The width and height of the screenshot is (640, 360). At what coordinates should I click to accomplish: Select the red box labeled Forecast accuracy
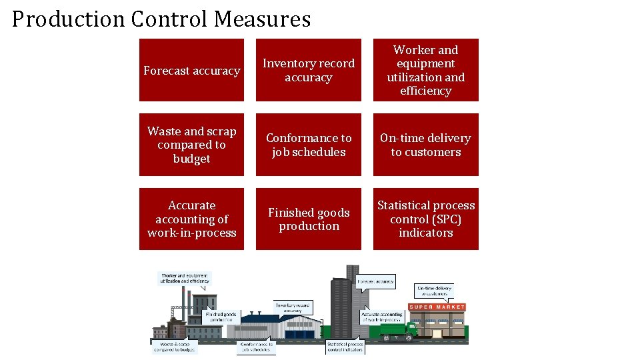click(191, 70)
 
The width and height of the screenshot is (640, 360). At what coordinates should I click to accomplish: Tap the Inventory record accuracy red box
click(308, 70)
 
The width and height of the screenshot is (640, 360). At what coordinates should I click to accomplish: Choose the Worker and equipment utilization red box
click(425, 70)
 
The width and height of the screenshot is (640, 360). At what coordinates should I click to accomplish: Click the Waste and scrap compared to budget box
click(191, 145)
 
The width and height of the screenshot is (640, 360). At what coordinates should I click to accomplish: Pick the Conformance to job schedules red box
click(308, 145)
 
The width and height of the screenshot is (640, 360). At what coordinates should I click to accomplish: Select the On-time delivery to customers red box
click(425, 145)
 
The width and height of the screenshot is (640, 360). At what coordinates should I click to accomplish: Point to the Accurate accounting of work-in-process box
click(191, 219)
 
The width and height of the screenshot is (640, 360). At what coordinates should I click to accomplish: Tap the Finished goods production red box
click(308, 219)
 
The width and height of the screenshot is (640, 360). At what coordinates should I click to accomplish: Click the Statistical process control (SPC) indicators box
click(425, 219)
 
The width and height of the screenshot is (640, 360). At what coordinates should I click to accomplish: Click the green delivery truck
click(399, 329)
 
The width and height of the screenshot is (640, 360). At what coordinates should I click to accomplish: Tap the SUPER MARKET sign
click(437, 307)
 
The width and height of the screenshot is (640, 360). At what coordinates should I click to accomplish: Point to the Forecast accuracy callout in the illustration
click(376, 281)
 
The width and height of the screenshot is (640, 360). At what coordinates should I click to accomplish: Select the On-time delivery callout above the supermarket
click(434, 290)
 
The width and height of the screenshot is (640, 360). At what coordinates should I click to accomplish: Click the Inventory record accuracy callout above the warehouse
click(293, 307)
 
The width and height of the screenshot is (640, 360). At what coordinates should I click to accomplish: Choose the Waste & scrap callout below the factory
click(174, 347)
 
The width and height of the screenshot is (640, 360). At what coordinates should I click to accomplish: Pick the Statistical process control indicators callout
click(345, 347)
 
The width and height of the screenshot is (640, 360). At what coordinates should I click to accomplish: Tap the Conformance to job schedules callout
click(256, 347)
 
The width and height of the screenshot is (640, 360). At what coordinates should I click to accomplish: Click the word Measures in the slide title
click(262, 19)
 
